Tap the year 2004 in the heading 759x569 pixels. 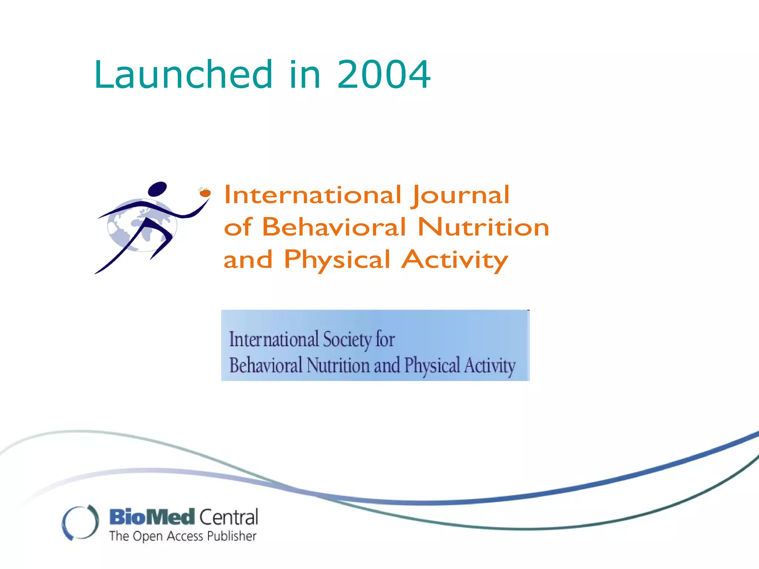pos(384,75)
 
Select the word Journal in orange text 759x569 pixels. pos(460,195)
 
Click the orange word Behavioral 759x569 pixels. pos(334,227)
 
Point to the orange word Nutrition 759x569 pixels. pos(483,227)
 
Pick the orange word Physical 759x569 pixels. pos(337,260)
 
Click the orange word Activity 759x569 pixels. pos(455,260)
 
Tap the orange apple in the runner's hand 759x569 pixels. pos(205,193)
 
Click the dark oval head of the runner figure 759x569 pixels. pos(158,189)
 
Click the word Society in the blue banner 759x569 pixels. pos(347,339)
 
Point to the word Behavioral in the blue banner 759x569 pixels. pos(266,365)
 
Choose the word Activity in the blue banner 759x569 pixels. pos(490,366)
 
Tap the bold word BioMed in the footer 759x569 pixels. pos(152,517)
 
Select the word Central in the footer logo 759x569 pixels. pos(229,517)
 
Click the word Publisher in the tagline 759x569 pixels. pos(232,536)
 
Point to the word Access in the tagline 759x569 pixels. pos(185,536)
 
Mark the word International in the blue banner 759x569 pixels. pos(274,339)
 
